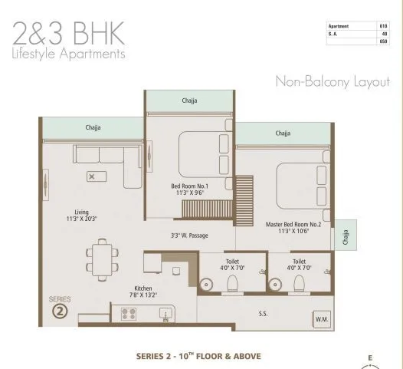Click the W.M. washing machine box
click(322, 318)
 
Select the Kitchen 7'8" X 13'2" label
click(143, 292)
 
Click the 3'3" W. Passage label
click(189, 236)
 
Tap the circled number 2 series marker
click(60, 311)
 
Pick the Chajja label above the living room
click(93, 127)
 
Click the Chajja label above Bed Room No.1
click(189, 100)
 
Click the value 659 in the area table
click(383, 41)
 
